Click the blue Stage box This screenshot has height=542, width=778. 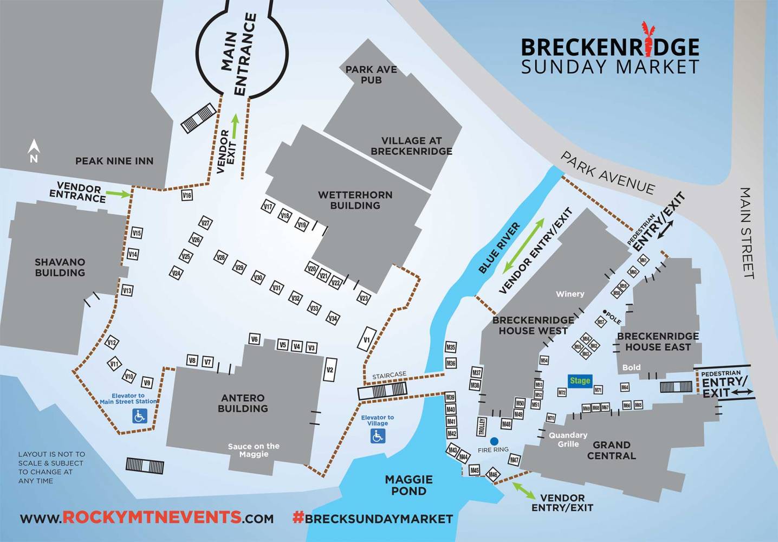coord(579,380)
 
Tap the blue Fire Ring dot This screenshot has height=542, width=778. coord(494,441)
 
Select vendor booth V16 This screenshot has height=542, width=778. coord(187,195)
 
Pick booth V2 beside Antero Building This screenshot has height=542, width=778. coord(329,370)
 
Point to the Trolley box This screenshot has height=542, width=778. coord(481,427)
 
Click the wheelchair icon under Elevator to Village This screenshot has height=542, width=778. coord(378,436)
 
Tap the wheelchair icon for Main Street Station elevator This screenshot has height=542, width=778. coord(140,416)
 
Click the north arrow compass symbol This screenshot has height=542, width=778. coord(34,151)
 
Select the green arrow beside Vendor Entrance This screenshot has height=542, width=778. coord(118,193)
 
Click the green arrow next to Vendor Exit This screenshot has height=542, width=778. coord(235,126)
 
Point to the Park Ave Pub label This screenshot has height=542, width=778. coord(371,75)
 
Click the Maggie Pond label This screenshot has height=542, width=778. coord(409,485)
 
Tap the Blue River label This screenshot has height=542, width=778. coord(499,248)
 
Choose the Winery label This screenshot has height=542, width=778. coord(570,294)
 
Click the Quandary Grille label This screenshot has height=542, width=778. coord(568,440)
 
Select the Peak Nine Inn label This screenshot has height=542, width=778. coord(114,161)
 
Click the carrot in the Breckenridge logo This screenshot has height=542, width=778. coord(646,39)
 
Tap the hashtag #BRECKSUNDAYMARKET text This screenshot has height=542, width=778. coord(373,518)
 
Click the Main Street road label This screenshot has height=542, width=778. coord(748,233)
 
